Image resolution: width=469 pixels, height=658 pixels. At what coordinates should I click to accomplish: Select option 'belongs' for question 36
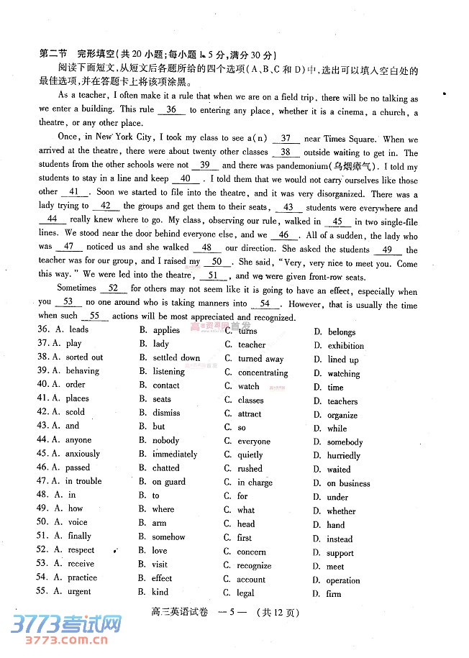[341, 332]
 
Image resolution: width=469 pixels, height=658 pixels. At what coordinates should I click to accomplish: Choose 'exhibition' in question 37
[345, 346]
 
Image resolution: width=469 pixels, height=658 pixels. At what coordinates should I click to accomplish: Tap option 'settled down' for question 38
[176, 357]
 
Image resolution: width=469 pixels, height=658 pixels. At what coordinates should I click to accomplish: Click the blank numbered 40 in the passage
[185, 179]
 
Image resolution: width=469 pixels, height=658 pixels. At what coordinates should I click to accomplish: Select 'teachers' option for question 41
[342, 402]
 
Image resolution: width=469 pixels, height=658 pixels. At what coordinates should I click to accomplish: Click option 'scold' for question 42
[75, 413]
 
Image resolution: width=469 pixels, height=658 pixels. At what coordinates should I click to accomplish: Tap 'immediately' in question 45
[175, 454]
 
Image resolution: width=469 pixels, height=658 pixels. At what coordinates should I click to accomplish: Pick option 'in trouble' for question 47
[83, 481]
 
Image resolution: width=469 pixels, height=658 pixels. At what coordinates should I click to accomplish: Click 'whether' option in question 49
[341, 511]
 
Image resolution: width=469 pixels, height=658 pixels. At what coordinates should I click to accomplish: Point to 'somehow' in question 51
[168, 536]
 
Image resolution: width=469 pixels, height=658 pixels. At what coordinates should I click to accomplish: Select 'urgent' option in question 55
[78, 592]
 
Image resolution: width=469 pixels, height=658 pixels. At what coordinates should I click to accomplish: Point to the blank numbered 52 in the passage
[113, 288]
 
